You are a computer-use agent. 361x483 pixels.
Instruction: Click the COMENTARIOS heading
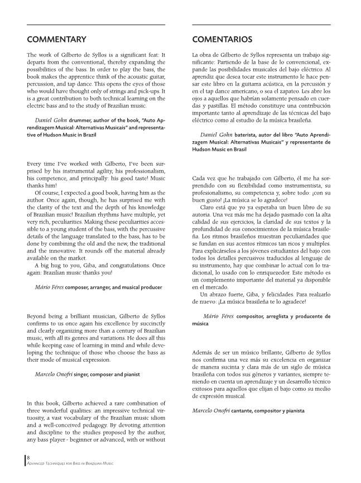click(x=222, y=39)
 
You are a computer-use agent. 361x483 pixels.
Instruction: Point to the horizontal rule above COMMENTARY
click(x=96, y=25)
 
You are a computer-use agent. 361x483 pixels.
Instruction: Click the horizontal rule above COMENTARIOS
click(x=262, y=25)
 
